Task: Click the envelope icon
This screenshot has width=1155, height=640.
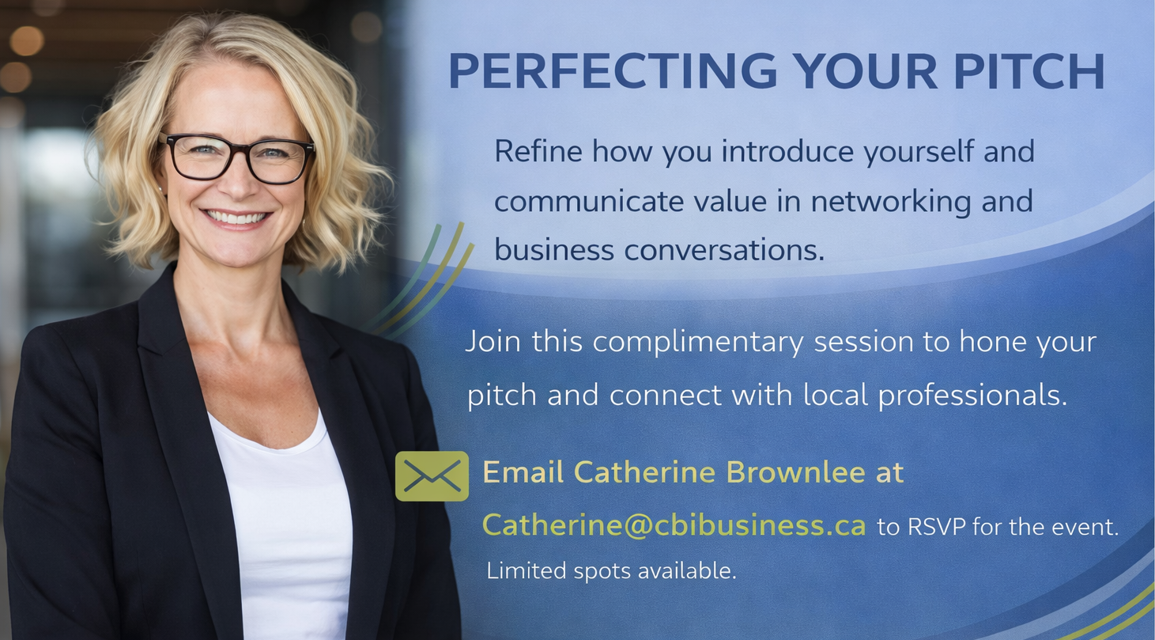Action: coord(432,476)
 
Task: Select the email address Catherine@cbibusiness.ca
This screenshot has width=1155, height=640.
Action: coord(674,525)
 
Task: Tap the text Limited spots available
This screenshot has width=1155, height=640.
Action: coord(612,570)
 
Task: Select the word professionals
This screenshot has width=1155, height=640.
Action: coord(972,396)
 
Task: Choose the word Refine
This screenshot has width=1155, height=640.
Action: coord(538,151)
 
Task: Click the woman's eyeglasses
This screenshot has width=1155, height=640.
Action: coord(237,158)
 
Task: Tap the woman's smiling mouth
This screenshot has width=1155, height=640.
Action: coord(236,218)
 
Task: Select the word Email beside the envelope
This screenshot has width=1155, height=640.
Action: coord(523,471)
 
